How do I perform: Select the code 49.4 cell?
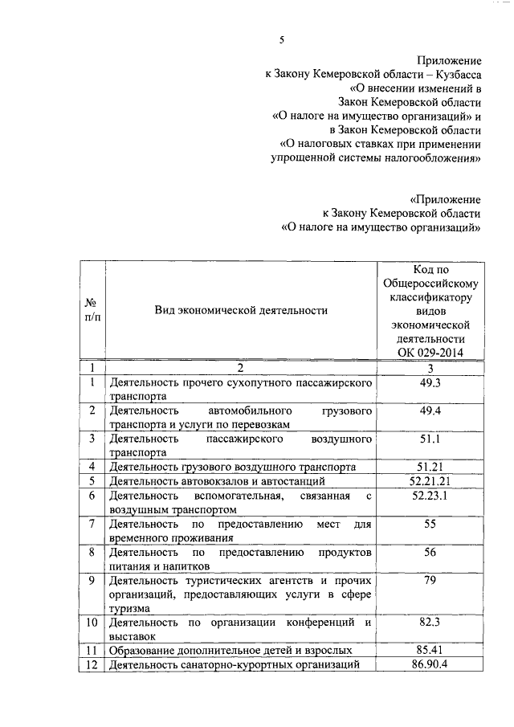pyautogui.click(x=430, y=411)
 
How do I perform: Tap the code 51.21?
pyautogui.click(x=430, y=467)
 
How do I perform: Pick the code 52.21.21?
pyautogui.click(x=430, y=481)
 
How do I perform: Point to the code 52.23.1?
pyautogui.click(x=430, y=496)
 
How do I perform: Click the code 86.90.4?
pyautogui.click(x=430, y=664)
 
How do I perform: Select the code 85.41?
pyautogui.click(x=430, y=649)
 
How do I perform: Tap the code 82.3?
pyautogui.click(x=430, y=622)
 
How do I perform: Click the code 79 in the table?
pyautogui.click(x=430, y=579)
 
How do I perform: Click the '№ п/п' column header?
pyautogui.click(x=92, y=310)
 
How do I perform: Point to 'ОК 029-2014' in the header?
pyautogui.click(x=430, y=352)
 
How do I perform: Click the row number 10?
pyautogui.click(x=92, y=622)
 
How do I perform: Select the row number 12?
pyautogui.click(x=92, y=664)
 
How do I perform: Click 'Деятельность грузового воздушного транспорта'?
pyautogui.click(x=232, y=467)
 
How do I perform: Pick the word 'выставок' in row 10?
pyautogui.click(x=133, y=635)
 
